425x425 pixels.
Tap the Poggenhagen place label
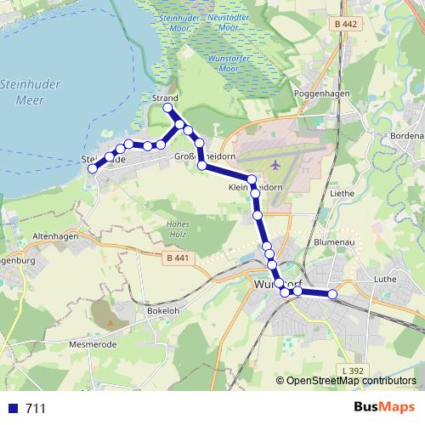tap(315, 93)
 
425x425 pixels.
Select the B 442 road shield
tap(346, 25)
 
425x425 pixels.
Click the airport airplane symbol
tap(276, 163)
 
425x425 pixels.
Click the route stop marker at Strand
tap(168, 109)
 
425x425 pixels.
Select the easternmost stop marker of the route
tap(332, 294)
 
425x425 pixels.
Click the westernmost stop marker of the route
tap(92, 167)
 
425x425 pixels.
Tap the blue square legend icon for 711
tap(12, 408)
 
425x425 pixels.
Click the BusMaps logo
tap(385, 407)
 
